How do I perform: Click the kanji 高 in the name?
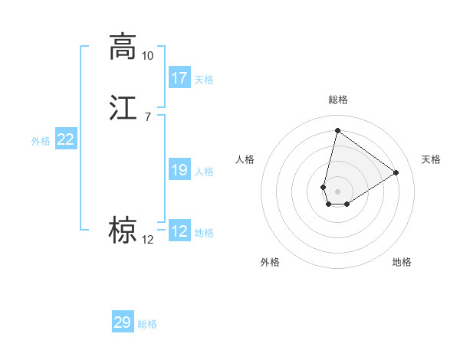(123, 46)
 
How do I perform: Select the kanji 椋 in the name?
(123, 230)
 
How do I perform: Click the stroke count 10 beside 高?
(147, 56)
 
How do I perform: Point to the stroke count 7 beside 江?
(147, 116)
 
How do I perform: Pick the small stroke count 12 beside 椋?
(147, 240)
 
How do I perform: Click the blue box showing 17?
(179, 78)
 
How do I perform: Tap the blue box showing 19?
(179, 170)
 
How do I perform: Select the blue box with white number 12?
(179, 231)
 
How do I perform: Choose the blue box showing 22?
(66, 139)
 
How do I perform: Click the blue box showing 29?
(123, 322)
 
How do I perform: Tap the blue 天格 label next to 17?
(204, 80)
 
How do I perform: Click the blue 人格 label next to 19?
(204, 172)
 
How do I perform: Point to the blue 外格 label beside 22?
(41, 141)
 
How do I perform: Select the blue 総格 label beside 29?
(147, 324)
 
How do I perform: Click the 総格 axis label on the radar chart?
(337, 100)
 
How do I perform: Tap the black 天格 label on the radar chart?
(431, 159)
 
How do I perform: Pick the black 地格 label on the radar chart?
(402, 262)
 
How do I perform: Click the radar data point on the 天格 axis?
(396, 172)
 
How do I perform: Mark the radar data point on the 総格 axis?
(337, 130)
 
